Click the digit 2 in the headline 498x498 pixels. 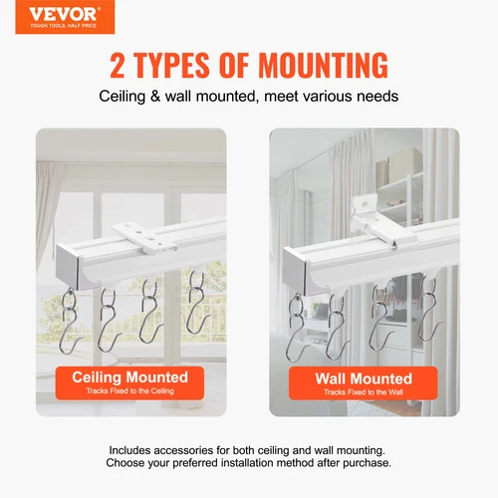pos(119,66)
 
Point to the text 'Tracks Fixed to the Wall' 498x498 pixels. pos(363,393)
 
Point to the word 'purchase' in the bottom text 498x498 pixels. pos(358,463)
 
